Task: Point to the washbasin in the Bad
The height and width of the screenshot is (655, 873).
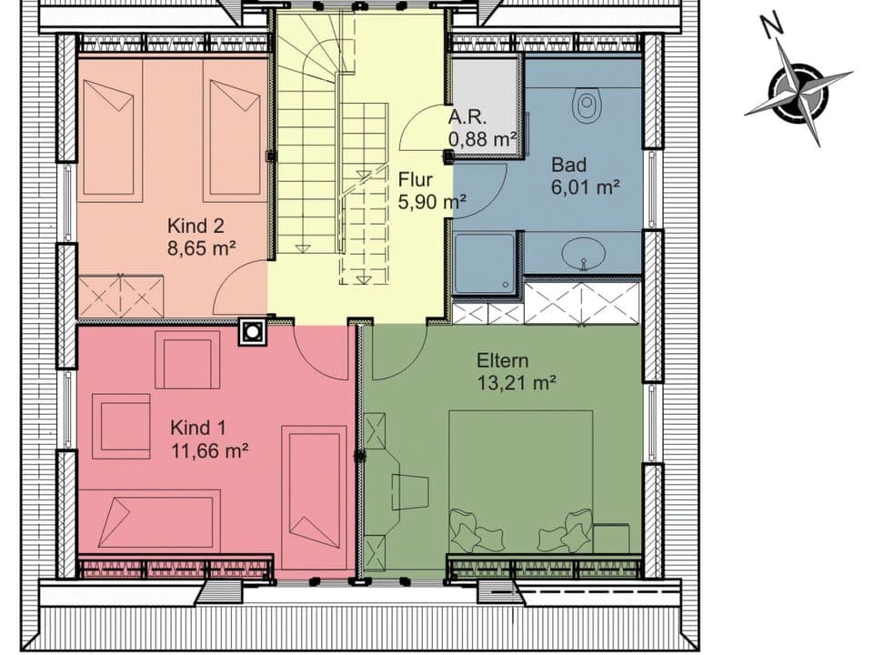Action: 582,252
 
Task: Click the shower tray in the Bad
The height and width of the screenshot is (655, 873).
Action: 487,263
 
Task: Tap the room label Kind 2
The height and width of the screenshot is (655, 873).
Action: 195,226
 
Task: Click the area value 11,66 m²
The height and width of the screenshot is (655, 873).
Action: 210,448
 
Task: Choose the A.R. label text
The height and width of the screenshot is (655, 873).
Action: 469,117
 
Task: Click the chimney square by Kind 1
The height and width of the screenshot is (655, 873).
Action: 251,332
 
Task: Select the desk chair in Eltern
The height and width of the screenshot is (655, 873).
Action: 410,492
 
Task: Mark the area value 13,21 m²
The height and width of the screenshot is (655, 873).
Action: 517,383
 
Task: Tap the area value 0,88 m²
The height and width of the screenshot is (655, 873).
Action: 482,139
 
